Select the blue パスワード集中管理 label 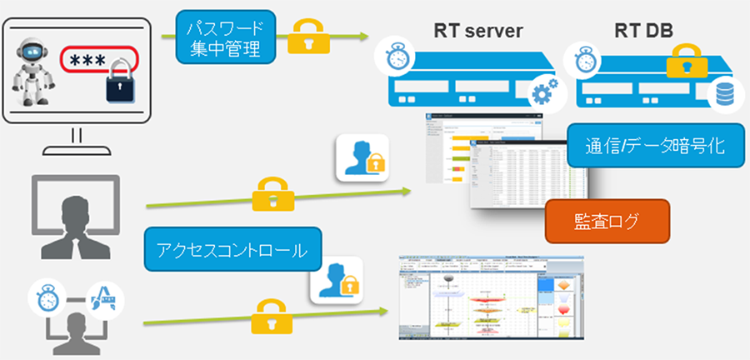(x=222, y=37)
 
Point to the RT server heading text (x=477, y=31)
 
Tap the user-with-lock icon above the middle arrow (x=363, y=155)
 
